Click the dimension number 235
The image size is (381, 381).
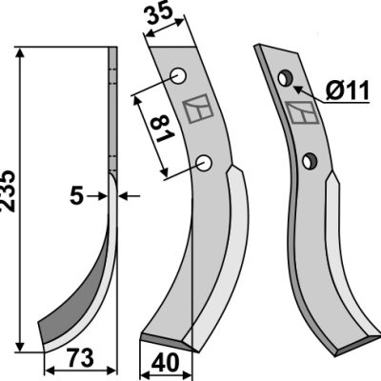[8, 190]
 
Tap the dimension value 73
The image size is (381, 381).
[80, 358]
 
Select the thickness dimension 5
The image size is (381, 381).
[76, 196]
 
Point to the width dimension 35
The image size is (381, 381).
[160, 13]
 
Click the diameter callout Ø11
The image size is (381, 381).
[348, 90]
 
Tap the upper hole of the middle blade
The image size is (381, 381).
[178, 76]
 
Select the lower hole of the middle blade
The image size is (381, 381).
[204, 163]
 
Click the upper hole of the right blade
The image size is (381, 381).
[285, 78]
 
